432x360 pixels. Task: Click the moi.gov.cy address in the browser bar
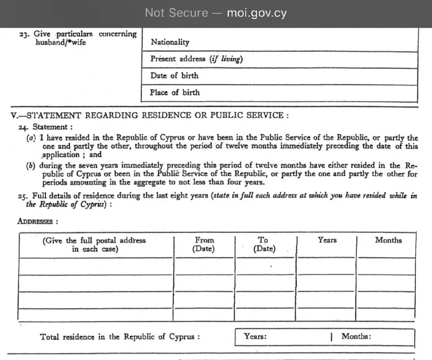[x=257, y=13]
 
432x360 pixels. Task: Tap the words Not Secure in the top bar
[x=176, y=13]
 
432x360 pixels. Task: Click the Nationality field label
[x=170, y=42]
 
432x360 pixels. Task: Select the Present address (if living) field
[x=196, y=59]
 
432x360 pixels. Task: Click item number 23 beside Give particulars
[x=24, y=34]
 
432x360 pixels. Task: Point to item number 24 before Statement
[x=22, y=127]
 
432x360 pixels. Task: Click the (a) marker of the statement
[x=31, y=138]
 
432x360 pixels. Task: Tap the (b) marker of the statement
[x=31, y=166]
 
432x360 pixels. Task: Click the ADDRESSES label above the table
[x=38, y=221]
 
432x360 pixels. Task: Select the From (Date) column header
[x=204, y=244]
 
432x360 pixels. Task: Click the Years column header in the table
[x=327, y=240]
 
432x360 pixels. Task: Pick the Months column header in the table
[x=388, y=240]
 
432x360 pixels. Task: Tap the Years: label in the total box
[x=255, y=336]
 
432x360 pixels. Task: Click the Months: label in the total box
[x=356, y=336]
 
